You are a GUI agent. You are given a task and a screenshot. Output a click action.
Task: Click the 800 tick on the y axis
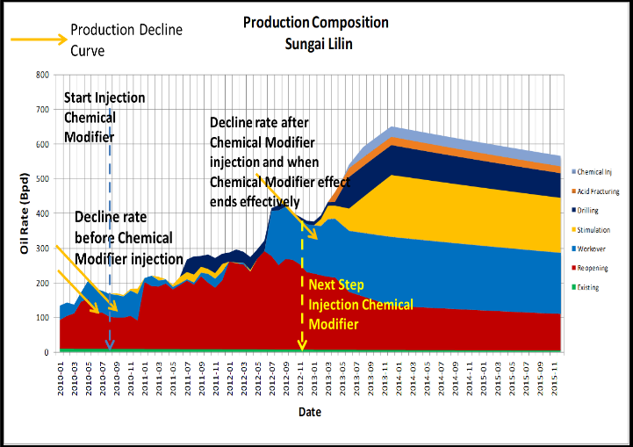pos(41,75)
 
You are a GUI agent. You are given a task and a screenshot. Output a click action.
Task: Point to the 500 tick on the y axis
pos(41,179)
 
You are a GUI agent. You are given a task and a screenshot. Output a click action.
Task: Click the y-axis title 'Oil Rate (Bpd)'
pos(25,214)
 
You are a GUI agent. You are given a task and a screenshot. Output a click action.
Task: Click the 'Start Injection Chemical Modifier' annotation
pos(104,117)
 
